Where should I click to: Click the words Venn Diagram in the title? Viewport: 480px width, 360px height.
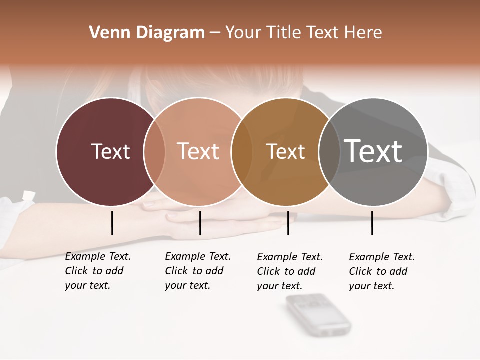(x=147, y=33)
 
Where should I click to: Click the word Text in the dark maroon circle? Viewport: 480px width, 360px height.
(x=110, y=151)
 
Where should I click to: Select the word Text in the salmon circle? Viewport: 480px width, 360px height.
(x=198, y=151)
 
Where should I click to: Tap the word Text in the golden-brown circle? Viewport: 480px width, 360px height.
(x=285, y=152)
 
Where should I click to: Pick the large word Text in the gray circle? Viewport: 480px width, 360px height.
(x=373, y=151)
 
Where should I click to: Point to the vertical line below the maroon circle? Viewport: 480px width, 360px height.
(x=112, y=223)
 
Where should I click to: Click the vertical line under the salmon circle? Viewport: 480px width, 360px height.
(x=200, y=223)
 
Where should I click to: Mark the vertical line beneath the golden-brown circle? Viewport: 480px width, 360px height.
(x=288, y=223)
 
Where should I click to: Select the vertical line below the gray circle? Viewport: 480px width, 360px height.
(x=372, y=223)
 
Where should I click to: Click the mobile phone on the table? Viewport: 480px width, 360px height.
(x=318, y=315)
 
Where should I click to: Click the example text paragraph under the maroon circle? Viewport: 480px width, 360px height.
(x=97, y=271)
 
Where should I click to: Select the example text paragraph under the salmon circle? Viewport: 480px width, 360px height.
(x=197, y=271)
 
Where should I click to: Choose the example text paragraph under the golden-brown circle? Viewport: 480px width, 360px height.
(x=289, y=271)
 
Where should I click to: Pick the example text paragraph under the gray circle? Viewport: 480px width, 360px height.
(x=381, y=271)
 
